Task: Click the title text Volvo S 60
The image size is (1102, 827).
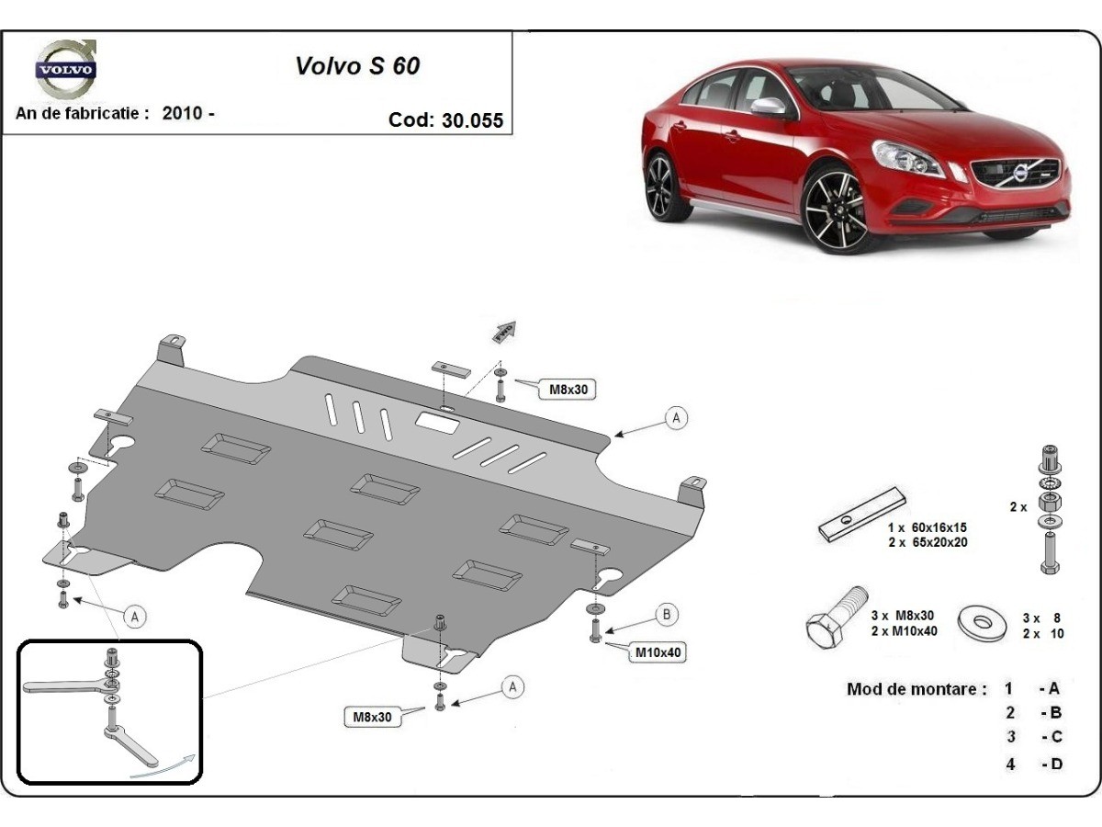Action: pyautogui.click(x=357, y=66)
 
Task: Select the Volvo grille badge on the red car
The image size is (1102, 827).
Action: pyautogui.click(x=1018, y=172)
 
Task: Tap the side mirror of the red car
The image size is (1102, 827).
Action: pyautogui.click(x=768, y=107)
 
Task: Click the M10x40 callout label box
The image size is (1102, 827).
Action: pyautogui.click(x=658, y=652)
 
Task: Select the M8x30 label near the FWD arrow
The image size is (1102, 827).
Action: pyautogui.click(x=568, y=390)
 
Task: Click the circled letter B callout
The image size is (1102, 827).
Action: pyautogui.click(x=667, y=616)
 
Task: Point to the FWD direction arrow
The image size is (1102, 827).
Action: pyautogui.click(x=504, y=332)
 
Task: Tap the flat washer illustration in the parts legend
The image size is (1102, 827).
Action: pyautogui.click(x=983, y=622)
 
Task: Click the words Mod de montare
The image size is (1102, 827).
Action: pyautogui.click(x=916, y=689)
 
